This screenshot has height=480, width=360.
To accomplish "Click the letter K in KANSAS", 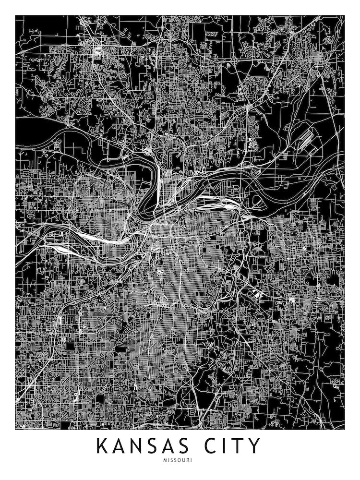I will [x=103, y=446].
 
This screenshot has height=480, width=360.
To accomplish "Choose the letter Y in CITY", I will [x=256, y=446].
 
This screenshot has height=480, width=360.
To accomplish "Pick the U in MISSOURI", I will [x=185, y=460].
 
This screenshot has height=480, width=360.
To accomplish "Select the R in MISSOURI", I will [x=189, y=460].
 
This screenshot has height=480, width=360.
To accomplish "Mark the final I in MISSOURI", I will [x=192, y=460].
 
